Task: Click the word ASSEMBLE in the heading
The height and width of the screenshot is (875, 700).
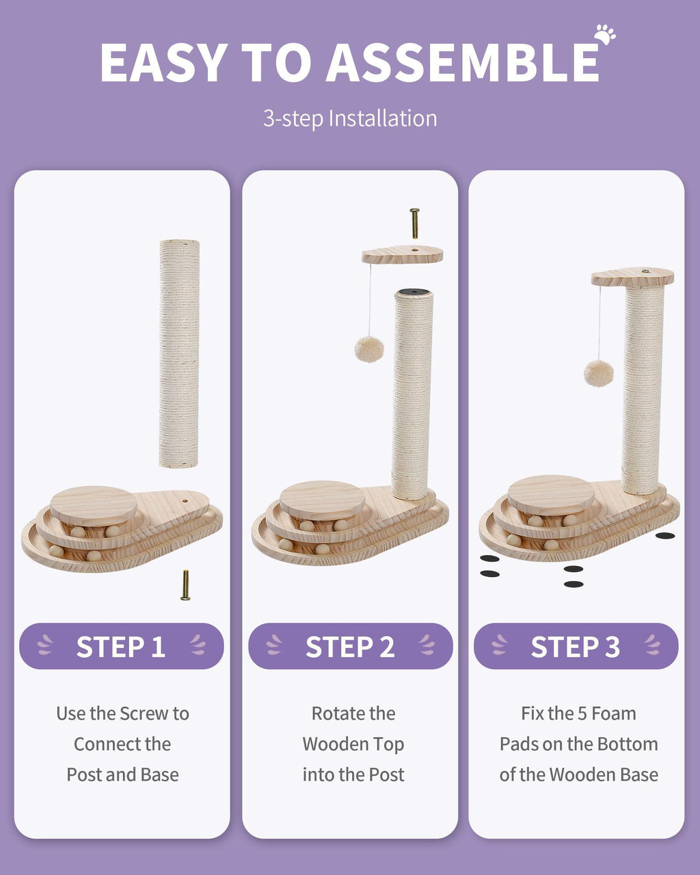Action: coord(463,63)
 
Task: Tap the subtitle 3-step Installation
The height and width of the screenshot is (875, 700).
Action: coord(350,118)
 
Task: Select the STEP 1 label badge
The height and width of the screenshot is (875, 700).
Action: coord(122,646)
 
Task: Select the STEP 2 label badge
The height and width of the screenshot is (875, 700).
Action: coord(350,646)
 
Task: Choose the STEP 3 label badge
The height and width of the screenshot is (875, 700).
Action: coord(576,646)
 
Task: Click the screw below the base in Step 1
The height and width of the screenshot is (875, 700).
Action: coord(185,584)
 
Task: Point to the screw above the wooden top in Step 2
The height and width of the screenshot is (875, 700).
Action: coord(414,223)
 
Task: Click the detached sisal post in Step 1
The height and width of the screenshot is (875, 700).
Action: coord(179,353)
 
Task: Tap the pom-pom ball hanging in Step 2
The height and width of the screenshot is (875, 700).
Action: coord(368,349)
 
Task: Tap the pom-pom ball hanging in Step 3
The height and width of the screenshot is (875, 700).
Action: coord(598,373)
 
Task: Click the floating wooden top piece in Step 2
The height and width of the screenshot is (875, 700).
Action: coord(402,255)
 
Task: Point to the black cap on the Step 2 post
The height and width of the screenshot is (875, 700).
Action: coord(413,293)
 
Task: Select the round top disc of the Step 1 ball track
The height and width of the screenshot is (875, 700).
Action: coord(94,504)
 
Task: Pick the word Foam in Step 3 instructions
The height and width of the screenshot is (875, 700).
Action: coord(613,714)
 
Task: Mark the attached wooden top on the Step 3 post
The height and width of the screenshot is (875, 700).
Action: coord(632,276)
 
